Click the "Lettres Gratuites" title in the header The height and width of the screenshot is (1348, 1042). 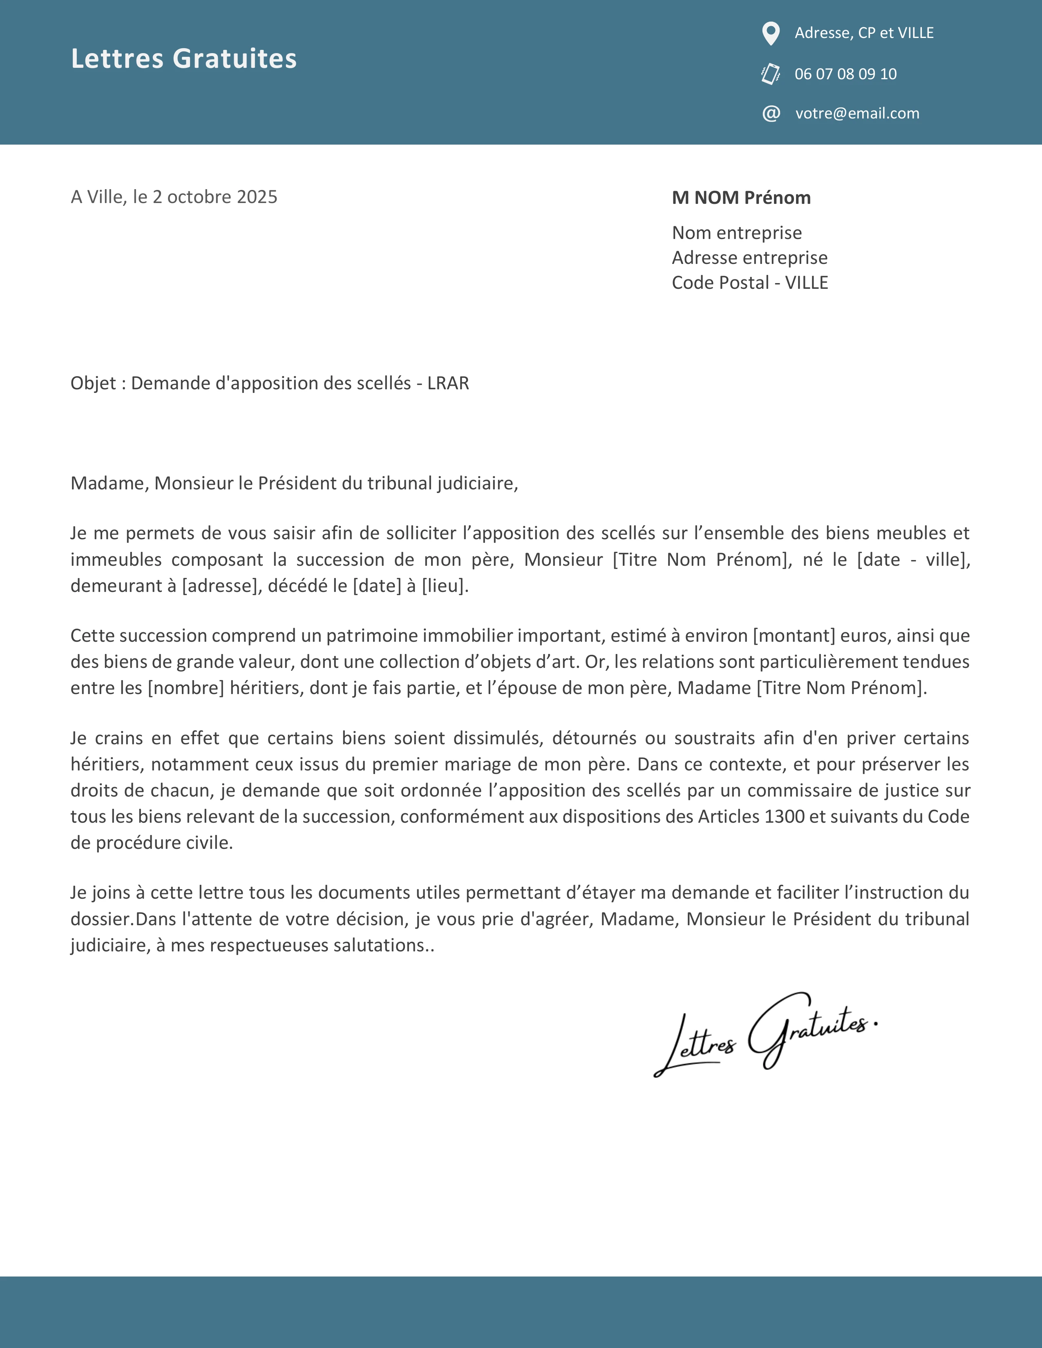[x=183, y=59]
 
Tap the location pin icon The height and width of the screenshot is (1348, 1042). [x=770, y=33]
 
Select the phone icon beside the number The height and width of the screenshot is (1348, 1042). [x=770, y=74]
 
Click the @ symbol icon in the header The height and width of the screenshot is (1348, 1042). [x=771, y=114]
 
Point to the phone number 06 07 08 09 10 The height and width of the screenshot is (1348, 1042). [x=845, y=74]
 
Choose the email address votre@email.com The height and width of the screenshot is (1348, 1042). [x=857, y=114]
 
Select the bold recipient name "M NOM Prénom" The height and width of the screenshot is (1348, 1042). [x=741, y=198]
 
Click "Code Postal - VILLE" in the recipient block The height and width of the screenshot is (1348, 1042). [x=749, y=283]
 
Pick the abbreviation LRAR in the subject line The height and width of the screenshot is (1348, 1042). [x=448, y=383]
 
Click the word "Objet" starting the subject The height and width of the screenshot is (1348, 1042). [x=93, y=383]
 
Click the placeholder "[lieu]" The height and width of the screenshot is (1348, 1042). [x=445, y=586]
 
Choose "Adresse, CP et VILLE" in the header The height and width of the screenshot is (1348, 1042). [x=863, y=33]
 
